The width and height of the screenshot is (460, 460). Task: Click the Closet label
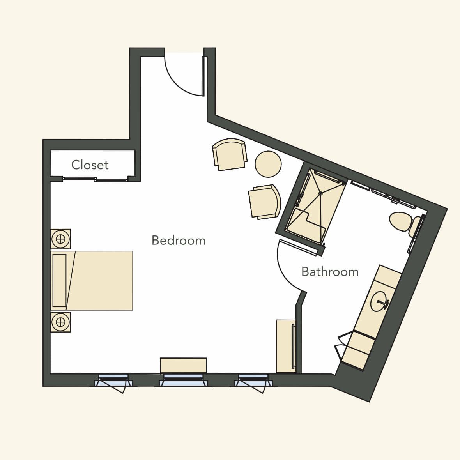click(x=90, y=165)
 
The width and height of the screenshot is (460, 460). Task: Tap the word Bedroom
click(x=179, y=241)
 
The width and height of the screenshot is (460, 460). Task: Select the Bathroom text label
click(x=330, y=272)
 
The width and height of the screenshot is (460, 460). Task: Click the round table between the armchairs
click(x=268, y=164)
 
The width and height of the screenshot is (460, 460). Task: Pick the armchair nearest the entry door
click(x=230, y=154)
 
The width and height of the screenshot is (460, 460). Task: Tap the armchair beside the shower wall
click(x=264, y=202)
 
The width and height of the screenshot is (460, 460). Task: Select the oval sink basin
click(x=380, y=301)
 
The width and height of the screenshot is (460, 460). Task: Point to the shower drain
click(x=321, y=193)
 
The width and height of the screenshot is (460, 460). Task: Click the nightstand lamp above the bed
click(x=60, y=239)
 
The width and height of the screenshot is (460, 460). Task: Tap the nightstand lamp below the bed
click(x=60, y=322)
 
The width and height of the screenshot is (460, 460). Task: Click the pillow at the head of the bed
click(x=60, y=280)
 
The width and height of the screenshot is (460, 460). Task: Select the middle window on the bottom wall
click(x=183, y=380)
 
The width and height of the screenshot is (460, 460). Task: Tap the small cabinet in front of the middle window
click(x=183, y=366)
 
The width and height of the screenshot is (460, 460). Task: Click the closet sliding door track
click(x=95, y=179)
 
